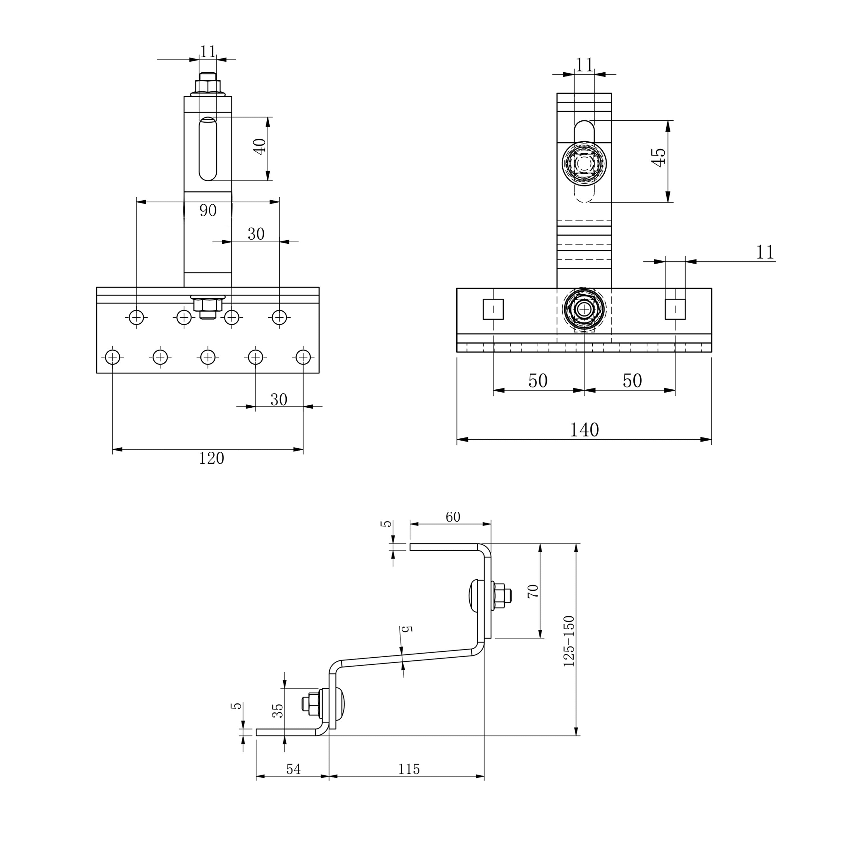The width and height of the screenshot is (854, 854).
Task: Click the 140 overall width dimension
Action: [x=584, y=430]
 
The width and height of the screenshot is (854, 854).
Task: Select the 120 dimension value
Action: [x=211, y=458]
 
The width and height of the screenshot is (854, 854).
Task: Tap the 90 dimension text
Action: [x=208, y=210]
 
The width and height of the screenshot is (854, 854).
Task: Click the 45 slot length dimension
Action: [x=659, y=157]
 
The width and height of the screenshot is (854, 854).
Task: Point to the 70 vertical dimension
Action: [x=533, y=591]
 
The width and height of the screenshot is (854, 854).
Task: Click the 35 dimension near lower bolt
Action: [x=277, y=710]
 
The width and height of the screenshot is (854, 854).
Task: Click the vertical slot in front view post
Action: [x=208, y=149]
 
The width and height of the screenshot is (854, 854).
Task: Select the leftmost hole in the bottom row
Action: [x=113, y=357]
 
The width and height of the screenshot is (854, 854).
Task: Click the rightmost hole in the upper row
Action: [x=279, y=317]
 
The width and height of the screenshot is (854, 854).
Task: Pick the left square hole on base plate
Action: [x=493, y=309]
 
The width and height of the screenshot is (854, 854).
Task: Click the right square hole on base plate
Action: [x=675, y=309]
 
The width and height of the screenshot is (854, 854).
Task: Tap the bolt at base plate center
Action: [x=584, y=309]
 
